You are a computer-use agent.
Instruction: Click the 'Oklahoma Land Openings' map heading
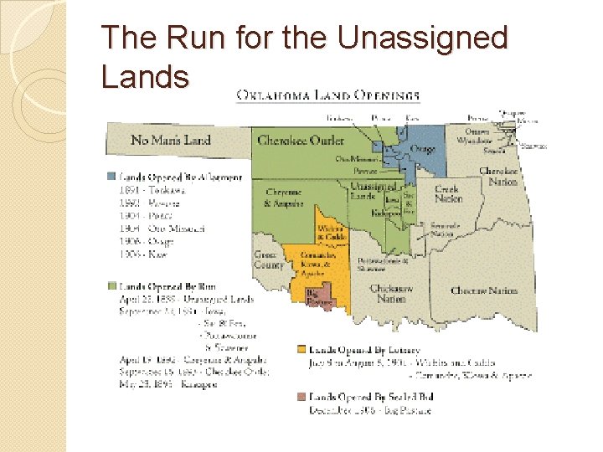coord(328,95)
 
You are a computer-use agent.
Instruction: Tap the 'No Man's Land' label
coord(171,140)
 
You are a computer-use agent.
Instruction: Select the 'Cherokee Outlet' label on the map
coord(301,141)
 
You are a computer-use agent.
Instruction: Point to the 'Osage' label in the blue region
coord(422,150)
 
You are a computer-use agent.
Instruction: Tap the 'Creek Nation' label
coord(448,194)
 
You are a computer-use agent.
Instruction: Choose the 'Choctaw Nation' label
coord(484,290)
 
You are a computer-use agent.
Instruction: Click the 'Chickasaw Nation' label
coord(391,293)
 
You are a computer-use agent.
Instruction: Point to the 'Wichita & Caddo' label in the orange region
coord(332,232)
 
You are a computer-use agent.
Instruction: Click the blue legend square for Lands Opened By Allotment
coord(111,177)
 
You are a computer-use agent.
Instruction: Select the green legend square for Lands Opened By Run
coord(111,287)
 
